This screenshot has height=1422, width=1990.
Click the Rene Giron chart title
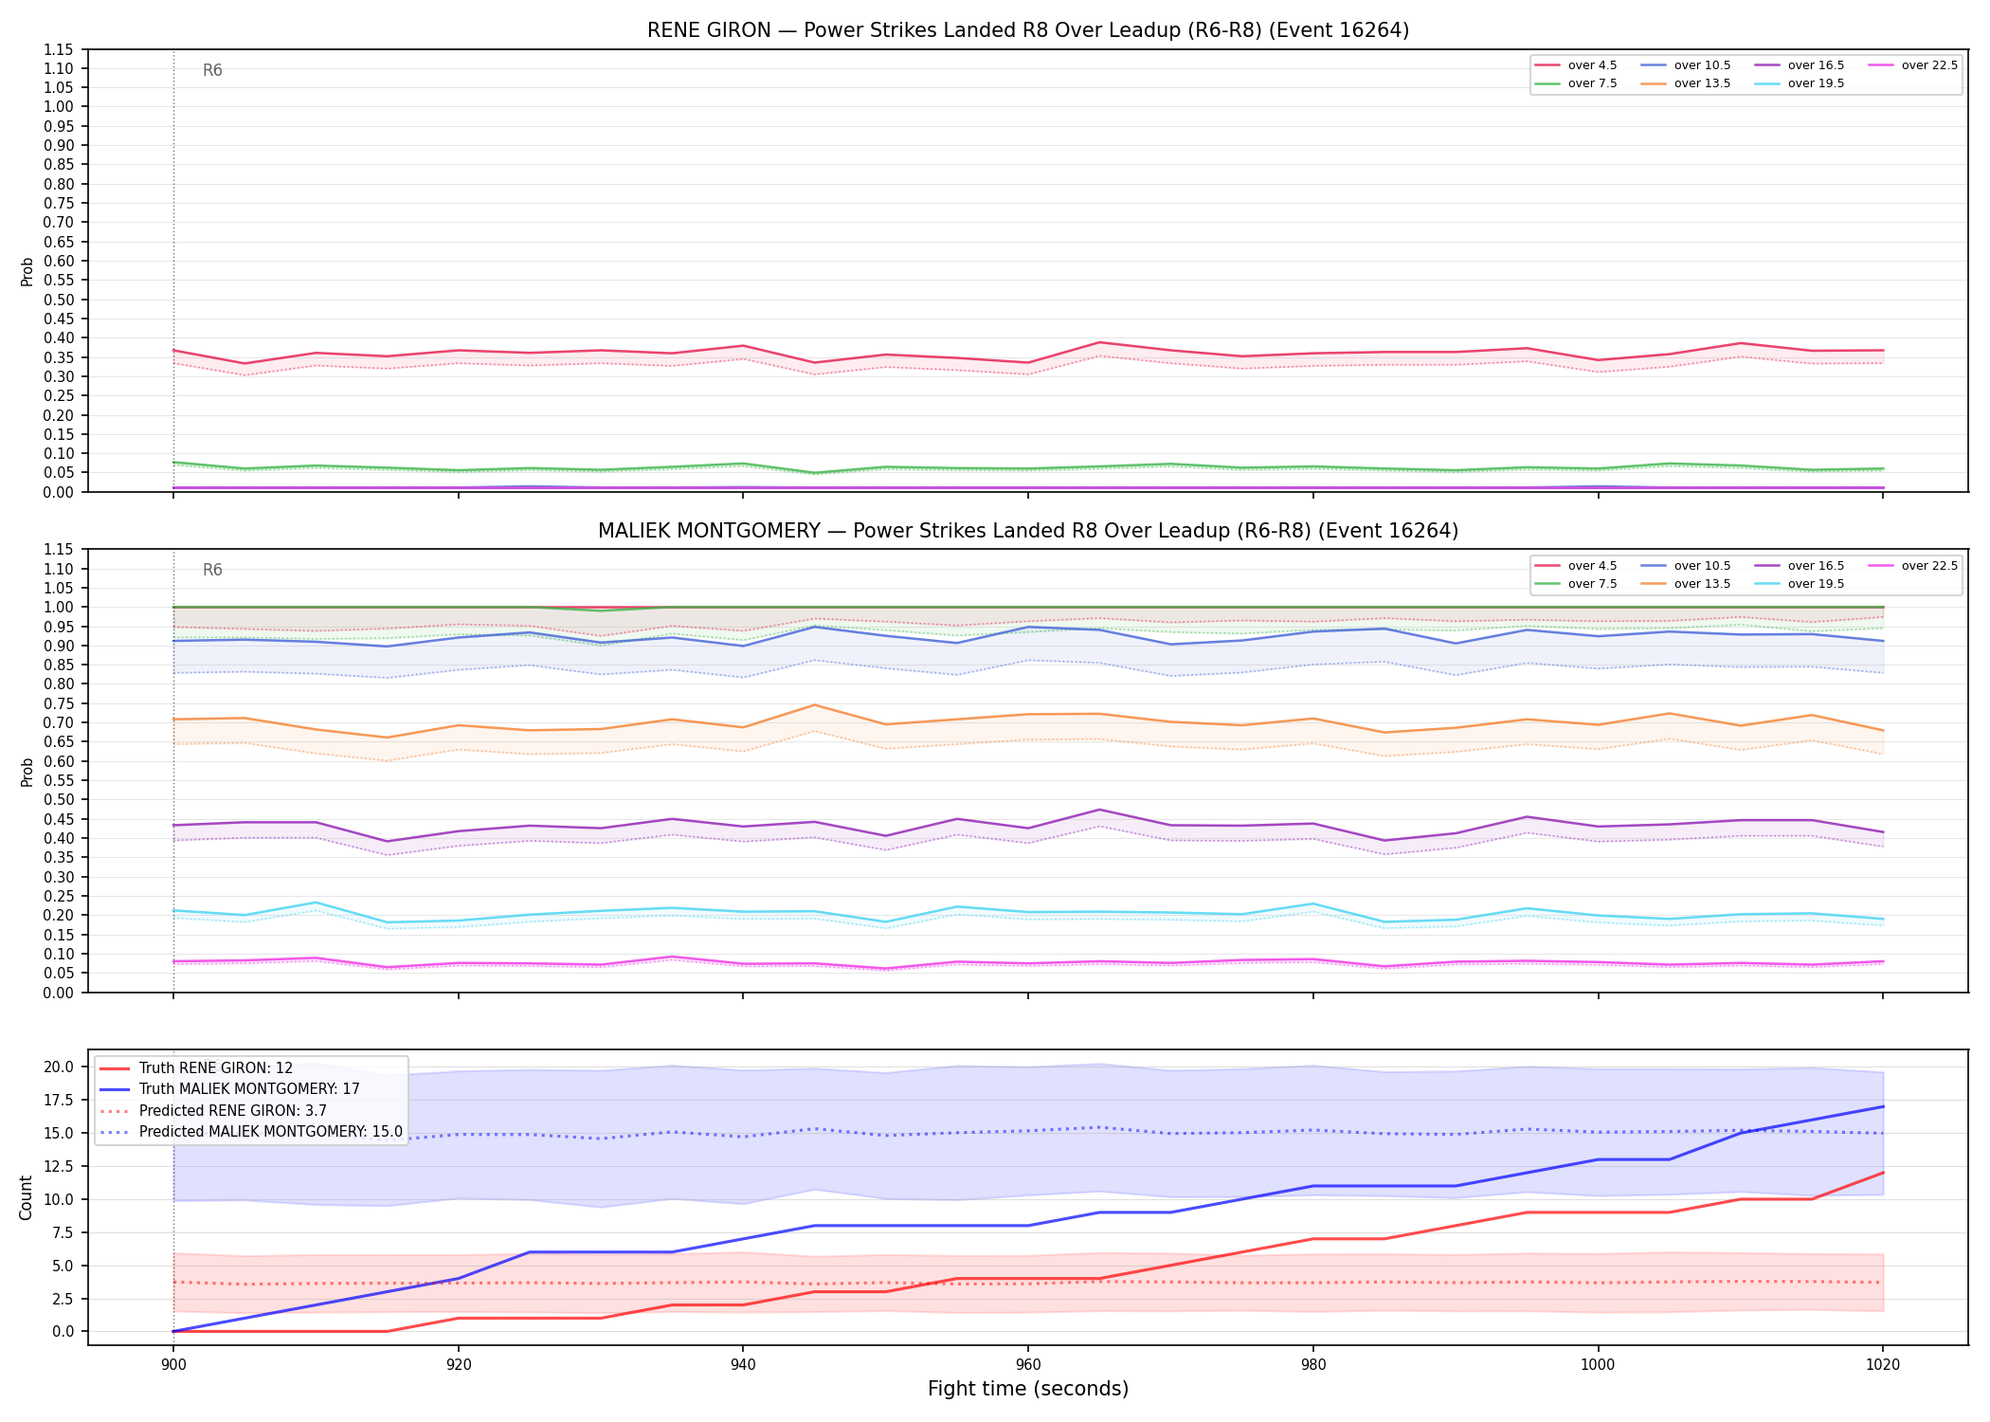1028,30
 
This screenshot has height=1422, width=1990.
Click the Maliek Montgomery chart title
1028,531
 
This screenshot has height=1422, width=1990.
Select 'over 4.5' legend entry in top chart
1576,65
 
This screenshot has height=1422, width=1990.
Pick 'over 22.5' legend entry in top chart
1912,65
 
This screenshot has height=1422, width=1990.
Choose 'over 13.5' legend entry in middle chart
1686,584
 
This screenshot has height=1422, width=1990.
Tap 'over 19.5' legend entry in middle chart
1800,584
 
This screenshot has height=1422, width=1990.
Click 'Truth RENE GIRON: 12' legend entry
196,1068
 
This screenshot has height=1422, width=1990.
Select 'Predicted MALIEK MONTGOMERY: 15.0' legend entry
251,1132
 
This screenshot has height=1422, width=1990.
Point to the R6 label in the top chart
212,70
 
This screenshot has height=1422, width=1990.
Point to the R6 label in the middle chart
212,570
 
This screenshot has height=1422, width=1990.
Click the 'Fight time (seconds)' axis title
1028,1390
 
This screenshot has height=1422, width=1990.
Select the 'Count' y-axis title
26,1197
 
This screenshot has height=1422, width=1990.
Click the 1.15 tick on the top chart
59,49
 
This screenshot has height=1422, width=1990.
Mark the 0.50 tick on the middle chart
59,800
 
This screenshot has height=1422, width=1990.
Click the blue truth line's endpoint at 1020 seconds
1883,1106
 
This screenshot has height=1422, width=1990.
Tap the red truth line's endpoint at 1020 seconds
1883,1173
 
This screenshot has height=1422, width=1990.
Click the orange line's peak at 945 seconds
814,704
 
